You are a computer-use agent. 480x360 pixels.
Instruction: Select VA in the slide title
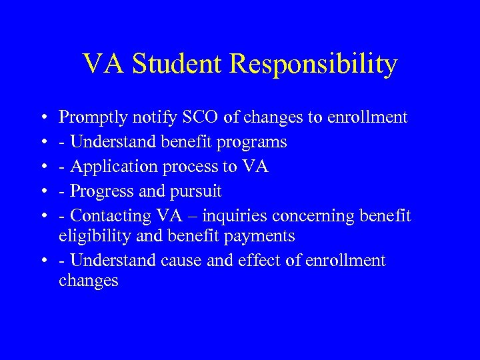click(104, 64)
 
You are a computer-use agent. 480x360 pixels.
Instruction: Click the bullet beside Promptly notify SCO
click(43, 119)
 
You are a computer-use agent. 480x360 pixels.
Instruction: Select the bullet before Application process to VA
click(43, 167)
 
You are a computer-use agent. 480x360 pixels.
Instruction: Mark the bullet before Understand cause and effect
click(43, 260)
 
